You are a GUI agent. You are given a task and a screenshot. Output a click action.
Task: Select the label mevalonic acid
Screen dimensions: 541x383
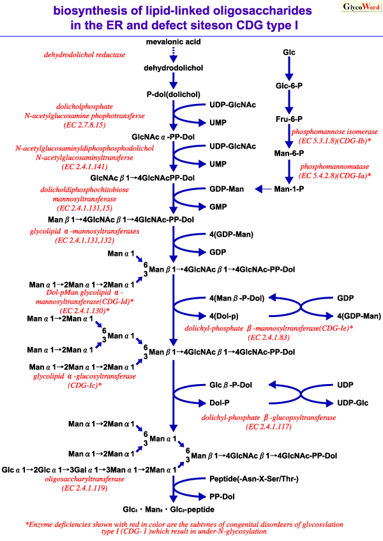click(172, 41)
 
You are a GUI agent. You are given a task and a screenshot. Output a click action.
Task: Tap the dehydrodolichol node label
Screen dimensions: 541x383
click(172, 68)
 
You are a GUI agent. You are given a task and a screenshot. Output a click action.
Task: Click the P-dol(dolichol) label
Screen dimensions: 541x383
click(172, 94)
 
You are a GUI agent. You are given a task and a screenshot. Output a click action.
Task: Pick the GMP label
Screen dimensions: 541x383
click(219, 207)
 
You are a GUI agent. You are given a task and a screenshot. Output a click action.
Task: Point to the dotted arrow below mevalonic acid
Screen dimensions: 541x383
click(172, 55)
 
